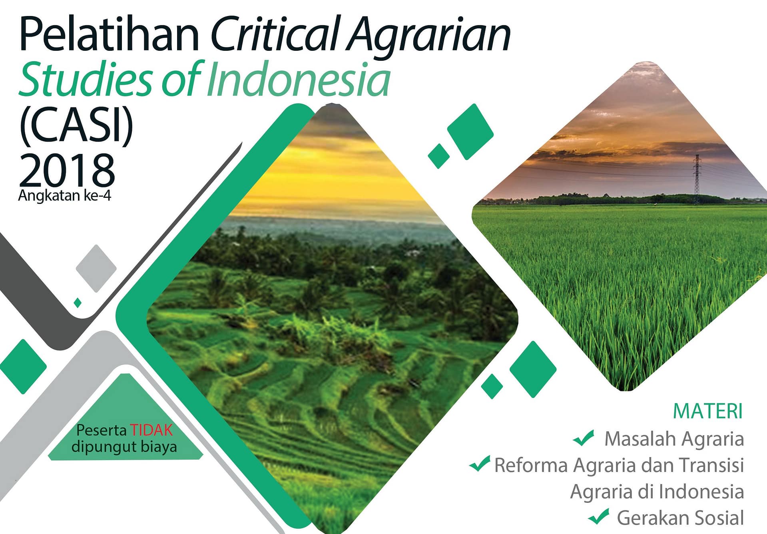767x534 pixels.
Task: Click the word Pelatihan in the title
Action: [x=109, y=34]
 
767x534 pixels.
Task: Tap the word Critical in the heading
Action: [x=276, y=34]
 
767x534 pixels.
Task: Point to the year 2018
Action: [x=67, y=169]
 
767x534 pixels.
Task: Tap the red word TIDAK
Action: [x=151, y=430]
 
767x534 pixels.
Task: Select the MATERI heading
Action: [x=707, y=411]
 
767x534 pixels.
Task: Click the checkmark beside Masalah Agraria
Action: [x=584, y=438]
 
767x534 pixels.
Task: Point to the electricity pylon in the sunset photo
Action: [x=697, y=179]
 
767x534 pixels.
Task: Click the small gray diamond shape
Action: [x=96, y=268]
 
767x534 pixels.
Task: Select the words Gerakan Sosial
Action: [x=680, y=518]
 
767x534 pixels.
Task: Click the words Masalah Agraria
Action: [x=674, y=439]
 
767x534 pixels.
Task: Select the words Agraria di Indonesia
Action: [x=657, y=492]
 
